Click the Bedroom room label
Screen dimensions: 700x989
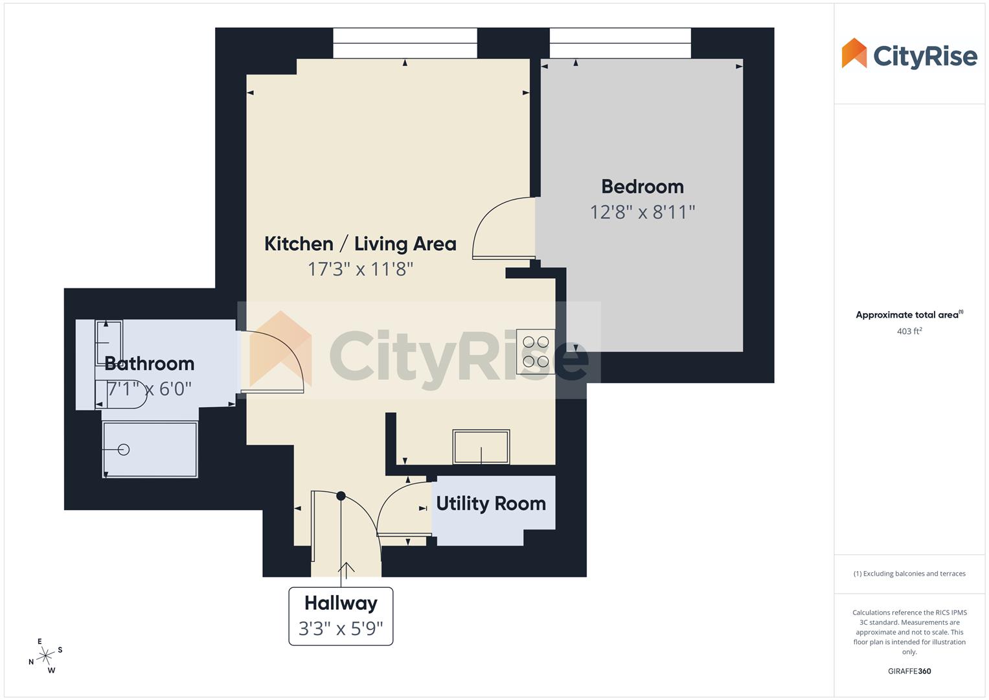[642, 187]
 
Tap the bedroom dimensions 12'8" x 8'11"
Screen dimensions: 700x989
[642, 212]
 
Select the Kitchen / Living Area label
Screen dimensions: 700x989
[360, 244]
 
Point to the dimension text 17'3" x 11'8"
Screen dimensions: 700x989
[360, 268]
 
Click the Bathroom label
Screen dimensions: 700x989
[150, 364]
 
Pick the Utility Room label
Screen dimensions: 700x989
[491, 504]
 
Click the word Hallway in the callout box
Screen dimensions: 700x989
[341, 603]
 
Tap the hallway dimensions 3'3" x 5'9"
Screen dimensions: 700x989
[341, 628]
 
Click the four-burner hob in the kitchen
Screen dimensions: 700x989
[536, 352]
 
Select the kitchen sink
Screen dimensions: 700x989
[481, 447]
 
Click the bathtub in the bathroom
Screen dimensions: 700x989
[150, 450]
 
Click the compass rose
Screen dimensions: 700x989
[45, 656]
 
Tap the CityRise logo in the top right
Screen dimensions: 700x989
[909, 54]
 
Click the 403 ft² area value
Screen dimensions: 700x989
[909, 331]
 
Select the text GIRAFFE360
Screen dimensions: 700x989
[909, 671]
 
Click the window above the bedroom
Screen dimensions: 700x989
[620, 43]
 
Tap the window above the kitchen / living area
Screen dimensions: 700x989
[405, 43]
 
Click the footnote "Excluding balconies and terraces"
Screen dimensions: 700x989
[909, 574]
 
